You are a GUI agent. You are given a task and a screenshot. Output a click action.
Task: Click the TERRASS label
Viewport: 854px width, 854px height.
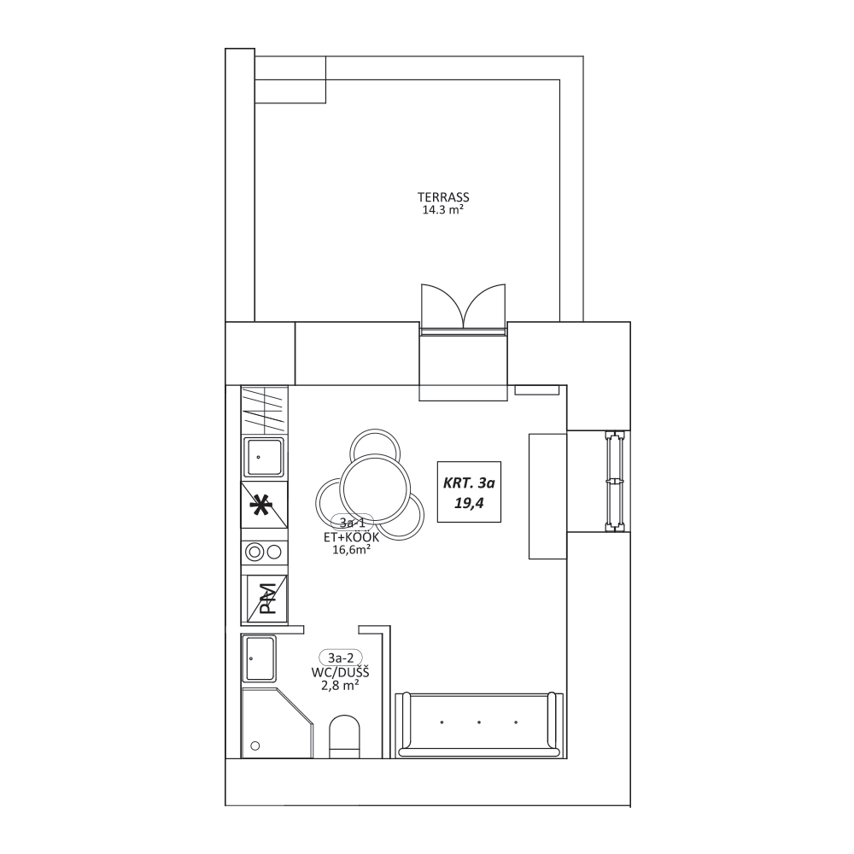[443, 197]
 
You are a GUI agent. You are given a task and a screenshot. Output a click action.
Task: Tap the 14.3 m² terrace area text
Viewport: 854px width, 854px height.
[442, 210]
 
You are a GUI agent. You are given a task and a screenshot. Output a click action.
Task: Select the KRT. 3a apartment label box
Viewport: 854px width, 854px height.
[469, 492]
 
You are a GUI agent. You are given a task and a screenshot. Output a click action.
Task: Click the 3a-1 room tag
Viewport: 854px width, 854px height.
[352, 523]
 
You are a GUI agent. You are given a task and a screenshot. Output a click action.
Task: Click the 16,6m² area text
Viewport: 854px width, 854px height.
[352, 549]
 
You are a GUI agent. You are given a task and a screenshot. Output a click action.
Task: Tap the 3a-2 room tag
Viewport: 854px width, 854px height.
[341, 658]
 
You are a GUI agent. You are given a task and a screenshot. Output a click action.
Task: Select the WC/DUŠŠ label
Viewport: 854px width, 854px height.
[341, 673]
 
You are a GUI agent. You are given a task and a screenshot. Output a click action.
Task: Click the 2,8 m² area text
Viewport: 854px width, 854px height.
[340, 686]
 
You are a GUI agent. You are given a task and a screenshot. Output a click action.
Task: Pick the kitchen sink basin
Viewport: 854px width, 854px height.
[263, 458]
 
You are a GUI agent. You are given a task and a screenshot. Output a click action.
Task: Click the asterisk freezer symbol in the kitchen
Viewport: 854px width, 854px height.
[260, 506]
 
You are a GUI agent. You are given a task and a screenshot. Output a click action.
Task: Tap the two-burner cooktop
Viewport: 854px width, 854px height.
[264, 553]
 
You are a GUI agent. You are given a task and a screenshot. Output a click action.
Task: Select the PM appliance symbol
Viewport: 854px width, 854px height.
[266, 600]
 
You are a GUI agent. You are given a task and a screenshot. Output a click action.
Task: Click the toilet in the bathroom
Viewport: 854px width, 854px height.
[345, 735]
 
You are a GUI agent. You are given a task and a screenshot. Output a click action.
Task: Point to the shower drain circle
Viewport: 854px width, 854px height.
[254, 746]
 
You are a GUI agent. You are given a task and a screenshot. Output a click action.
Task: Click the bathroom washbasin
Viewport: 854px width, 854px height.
[260, 658]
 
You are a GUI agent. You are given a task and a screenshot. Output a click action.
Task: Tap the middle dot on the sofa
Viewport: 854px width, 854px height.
[479, 722]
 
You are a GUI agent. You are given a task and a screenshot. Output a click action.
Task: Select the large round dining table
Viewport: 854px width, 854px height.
[375, 488]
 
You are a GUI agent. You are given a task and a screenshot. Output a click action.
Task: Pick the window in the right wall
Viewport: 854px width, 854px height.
[615, 481]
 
